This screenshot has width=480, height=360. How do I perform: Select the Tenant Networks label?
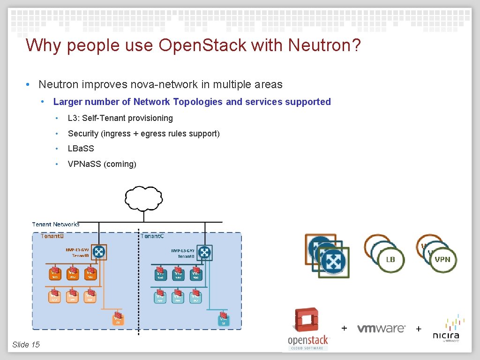(56, 224)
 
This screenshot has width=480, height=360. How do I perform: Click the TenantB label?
(52, 236)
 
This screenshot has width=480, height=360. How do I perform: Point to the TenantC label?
(153, 236)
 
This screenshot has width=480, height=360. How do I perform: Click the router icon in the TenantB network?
(99, 252)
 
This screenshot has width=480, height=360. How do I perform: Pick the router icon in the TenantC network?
(205, 252)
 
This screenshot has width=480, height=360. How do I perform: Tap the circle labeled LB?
(390, 259)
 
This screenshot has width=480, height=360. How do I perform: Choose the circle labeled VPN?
(442, 259)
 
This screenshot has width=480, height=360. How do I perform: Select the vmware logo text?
(381, 328)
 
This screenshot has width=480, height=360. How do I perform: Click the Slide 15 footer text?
(26, 345)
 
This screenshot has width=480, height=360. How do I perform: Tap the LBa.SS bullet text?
(81, 148)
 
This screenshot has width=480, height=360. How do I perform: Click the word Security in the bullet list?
(83, 134)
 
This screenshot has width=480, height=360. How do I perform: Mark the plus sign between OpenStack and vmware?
(345, 328)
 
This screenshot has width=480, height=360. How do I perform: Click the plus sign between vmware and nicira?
(419, 329)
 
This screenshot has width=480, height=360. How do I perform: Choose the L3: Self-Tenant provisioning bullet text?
(120, 118)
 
